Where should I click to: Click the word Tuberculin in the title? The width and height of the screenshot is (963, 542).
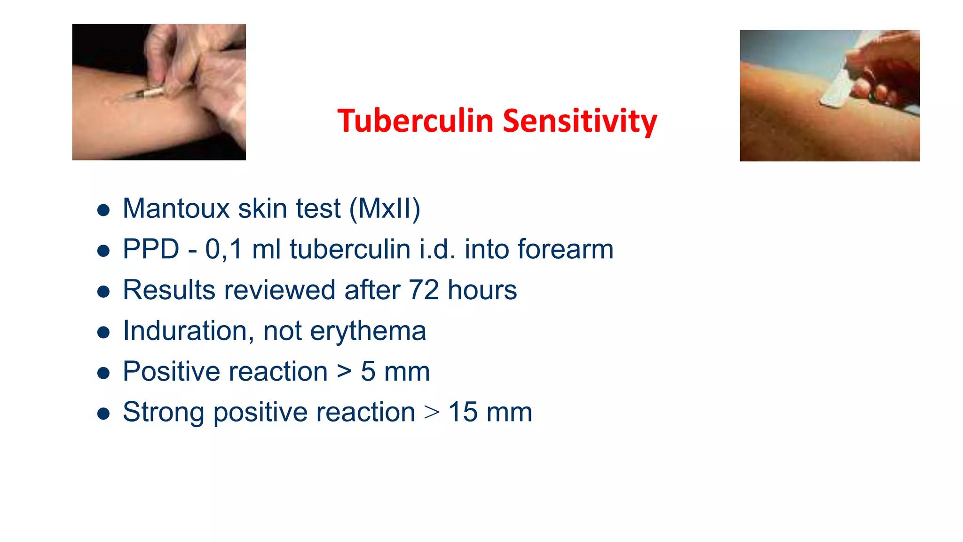(415, 121)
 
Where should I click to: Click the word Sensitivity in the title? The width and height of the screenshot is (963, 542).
(580, 121)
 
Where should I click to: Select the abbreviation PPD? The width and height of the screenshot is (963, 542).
(151, 249)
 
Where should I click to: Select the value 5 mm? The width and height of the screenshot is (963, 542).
(395, 372)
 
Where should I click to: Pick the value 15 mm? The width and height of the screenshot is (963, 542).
(490, 412)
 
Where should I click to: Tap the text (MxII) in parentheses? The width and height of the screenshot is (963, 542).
(385, 208)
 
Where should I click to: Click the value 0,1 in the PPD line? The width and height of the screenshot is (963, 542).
(224, 249)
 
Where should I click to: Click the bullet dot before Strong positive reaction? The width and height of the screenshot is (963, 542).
(103, 414)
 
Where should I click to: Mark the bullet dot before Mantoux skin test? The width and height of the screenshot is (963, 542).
(103, 210)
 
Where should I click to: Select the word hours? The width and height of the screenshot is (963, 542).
(482, 290)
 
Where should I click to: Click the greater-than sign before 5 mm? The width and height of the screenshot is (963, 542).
(344, 372)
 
